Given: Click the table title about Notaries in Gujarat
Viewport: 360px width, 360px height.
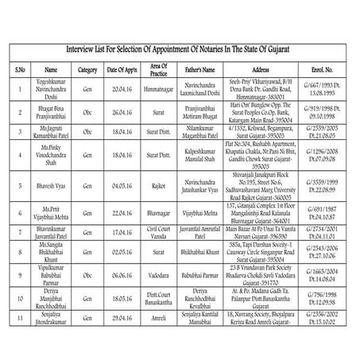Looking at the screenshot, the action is click(x=180, y=49).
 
